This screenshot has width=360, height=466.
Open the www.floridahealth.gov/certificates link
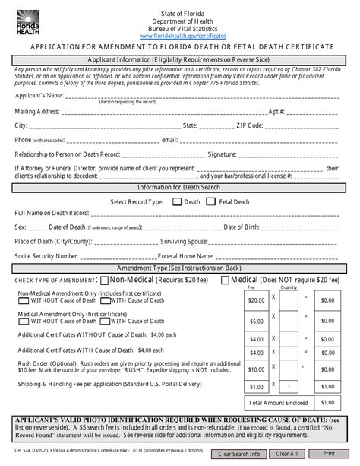180,36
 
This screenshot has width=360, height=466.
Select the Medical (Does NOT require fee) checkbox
224,281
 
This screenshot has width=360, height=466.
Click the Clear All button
286,454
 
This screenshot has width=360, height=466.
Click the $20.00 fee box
256,300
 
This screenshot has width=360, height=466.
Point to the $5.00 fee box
256,321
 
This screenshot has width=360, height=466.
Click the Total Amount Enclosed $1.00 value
327,403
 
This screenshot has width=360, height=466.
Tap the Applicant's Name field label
39,97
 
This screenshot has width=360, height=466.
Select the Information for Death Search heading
180,187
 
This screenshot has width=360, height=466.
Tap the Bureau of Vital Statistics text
180,27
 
